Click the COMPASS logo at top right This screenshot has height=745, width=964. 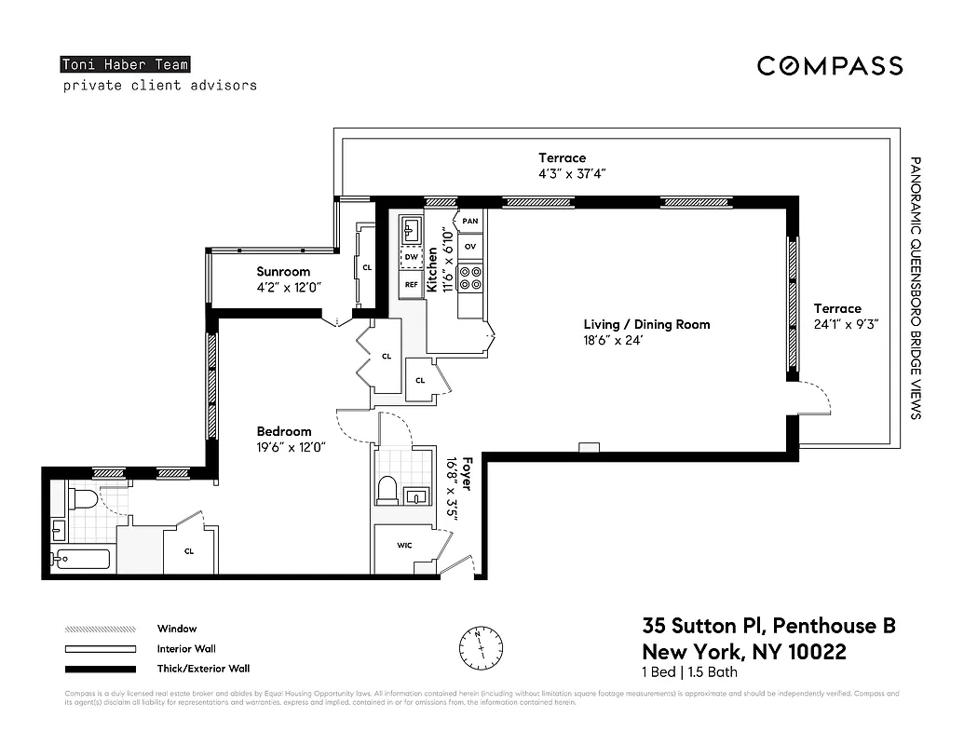[829, 65]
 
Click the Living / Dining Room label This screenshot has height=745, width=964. [646, 324]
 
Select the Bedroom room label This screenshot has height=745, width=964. [284, 431]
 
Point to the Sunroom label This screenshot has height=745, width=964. [283, 272]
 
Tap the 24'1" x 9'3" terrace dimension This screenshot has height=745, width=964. [846, 324]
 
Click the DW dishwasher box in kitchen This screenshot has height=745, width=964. [411, 256]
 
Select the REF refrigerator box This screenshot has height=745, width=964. [411, 283]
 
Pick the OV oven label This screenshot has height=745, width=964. [470, 247]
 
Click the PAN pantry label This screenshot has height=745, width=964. [470, 221]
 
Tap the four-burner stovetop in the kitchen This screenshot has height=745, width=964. [470, 278]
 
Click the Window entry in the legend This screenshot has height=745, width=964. [176, 629]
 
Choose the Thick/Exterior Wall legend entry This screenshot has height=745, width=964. [203, 668]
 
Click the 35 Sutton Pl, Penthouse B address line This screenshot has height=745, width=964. [768, 626]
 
